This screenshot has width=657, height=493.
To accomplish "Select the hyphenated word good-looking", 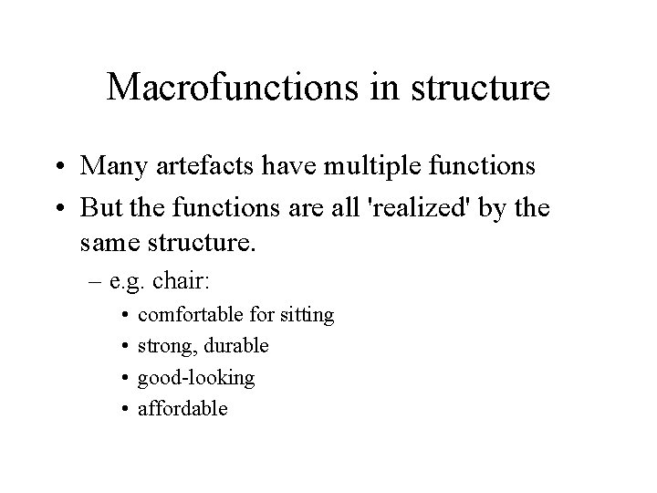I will click(196, 377).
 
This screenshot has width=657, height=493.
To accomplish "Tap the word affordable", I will click(182, 408).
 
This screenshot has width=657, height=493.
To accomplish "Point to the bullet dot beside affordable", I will click(123, 409).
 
